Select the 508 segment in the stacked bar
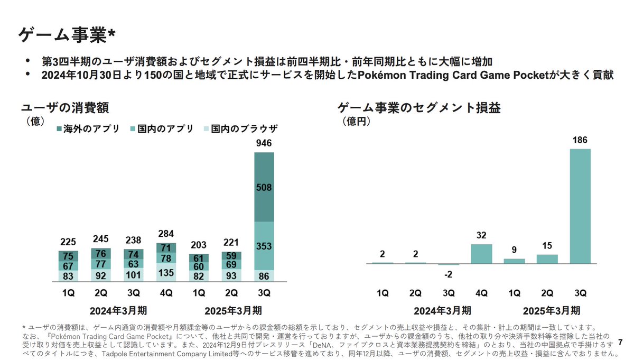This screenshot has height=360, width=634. click(x=264, y=187)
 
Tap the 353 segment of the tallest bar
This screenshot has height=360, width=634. click(x=264, y=245)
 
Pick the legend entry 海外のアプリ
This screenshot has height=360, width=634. click(x=88, y=129)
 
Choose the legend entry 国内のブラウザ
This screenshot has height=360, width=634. click(x=241, y=129)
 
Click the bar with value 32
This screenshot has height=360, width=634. click(x=481, y=254)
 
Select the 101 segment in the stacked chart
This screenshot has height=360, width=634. click(x=133, y=274)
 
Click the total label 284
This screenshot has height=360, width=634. click(x=166, y=234)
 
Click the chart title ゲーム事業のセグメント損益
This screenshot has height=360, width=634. click(x=419, y=108)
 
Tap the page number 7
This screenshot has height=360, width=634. click(x=620, y=343)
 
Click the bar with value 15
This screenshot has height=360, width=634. click(x=547, y=259)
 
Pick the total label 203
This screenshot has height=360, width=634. click(x=199, y=245)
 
